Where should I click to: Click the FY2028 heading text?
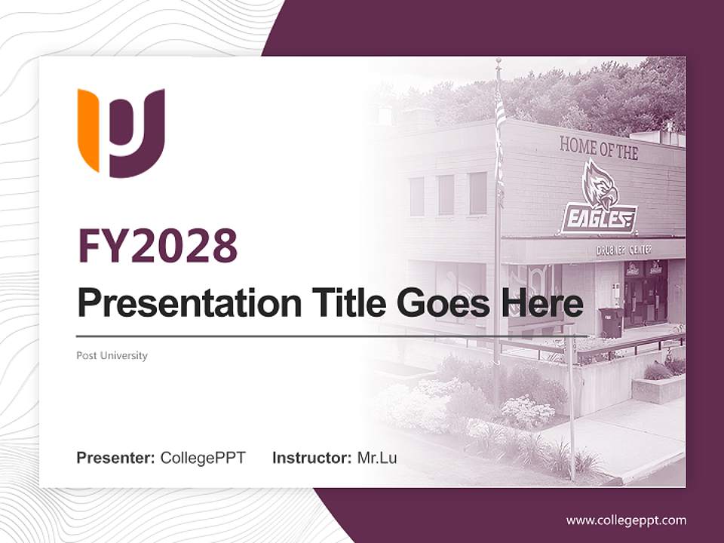(x=158, y=246)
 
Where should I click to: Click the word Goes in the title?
(x=439, y=302)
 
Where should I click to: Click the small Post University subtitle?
(x=112, y=355)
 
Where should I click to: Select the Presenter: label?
(x=116, y=458)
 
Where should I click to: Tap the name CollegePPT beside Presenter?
(x=203, y=458)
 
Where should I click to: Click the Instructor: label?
(x=311, y=458)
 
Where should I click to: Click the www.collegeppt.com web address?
(x=626, y=520)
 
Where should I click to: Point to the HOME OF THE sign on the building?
(x=599, y=148)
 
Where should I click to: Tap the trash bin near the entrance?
(x=611, y=322)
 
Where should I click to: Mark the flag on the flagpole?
(x=499, y=143)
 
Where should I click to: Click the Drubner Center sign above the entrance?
(x=624, y=250)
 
